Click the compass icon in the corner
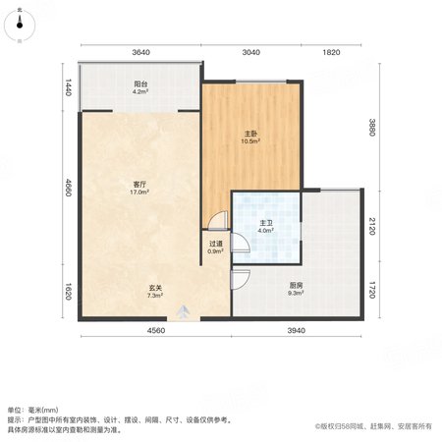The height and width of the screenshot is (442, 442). pos(20,25)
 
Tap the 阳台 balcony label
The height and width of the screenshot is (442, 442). pos(140,84)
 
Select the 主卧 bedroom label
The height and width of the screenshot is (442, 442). pos(250,134)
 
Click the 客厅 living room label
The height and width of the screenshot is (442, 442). pos(139,185)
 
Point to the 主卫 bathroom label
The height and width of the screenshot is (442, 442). pos(266,223)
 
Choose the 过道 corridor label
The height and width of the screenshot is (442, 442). pos(216,244)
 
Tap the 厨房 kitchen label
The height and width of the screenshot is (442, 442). pos(296,286)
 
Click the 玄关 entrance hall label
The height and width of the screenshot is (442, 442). pos(155,288)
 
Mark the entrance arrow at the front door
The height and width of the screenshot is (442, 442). pos(184,311)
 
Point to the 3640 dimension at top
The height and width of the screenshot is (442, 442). pos(140,52)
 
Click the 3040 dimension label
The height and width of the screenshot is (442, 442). pos(251,52)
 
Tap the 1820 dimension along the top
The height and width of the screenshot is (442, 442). pos(331,52)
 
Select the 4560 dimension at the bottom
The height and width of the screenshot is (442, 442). pos(156,331)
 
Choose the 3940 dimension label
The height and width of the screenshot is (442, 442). pos(297,331)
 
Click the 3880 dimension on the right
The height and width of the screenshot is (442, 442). pos(372,128)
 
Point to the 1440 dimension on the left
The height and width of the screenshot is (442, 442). pos(68,87)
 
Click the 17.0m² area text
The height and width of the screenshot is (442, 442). pos(139,193)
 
